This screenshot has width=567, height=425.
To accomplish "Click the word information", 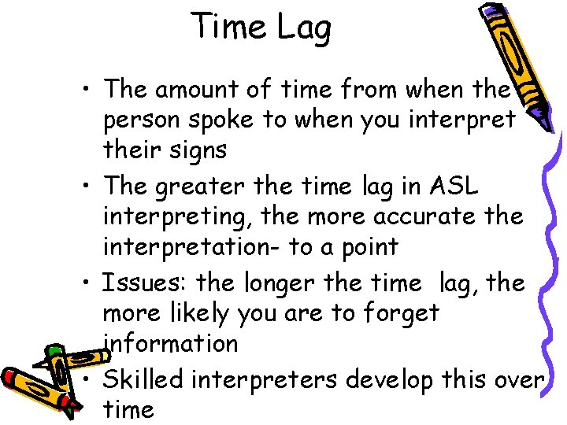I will [x=171, y=343].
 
